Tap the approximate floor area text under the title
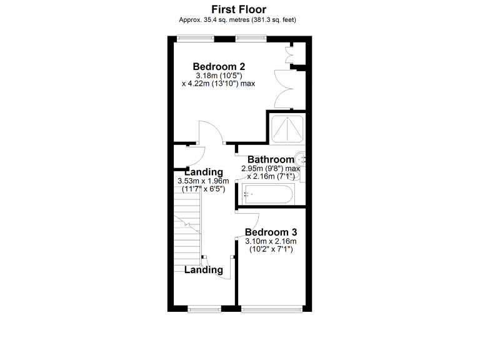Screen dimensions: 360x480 [237, 20]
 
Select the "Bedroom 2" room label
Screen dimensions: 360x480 [218, 67]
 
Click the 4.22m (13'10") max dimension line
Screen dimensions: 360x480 [218, 84]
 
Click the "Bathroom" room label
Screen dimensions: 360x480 [270, 159]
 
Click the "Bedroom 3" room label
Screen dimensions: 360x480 [271, 231]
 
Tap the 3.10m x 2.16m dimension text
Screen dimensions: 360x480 [271, 241]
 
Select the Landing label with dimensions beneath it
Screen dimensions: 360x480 [203, 172]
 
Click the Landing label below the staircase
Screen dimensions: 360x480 [204, 270]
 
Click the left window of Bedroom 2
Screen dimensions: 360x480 [195, 39]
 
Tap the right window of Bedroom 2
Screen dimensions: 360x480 [251, 39]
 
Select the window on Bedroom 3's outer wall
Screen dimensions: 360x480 [272, 307]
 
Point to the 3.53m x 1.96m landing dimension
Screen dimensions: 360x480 [203, 181]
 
